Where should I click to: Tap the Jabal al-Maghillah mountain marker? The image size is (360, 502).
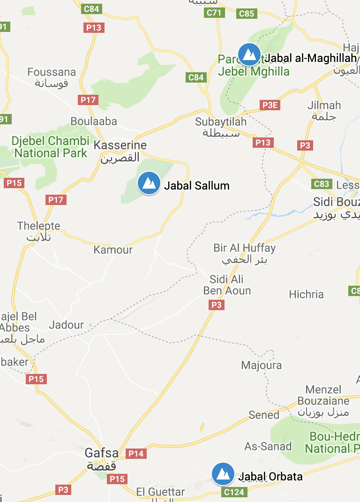(249, 54)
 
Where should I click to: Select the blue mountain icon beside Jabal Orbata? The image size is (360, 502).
(223, 474)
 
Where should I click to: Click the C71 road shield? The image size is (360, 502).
(214, 13)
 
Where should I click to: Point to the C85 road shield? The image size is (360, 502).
(247, 14)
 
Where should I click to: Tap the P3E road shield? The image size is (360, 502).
(270, 105)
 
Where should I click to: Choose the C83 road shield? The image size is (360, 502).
(322, 184)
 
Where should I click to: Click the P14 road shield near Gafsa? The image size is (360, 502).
(136, 454)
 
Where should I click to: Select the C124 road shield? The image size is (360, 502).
(233, 492)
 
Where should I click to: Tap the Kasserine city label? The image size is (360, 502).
(120, 145)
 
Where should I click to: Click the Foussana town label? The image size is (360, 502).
(52, 72)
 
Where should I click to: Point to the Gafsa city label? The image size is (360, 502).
(101, 453)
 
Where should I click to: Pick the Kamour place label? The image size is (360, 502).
(113, 250)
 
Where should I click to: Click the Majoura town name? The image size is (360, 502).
(262, 365)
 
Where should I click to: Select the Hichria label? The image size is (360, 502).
(306, 294)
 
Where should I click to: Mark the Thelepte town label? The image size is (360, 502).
(39, 226)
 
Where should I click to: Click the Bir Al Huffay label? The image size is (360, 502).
(244, 248)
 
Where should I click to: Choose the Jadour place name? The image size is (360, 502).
(67, 325)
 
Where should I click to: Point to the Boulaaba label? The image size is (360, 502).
(94, 122)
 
